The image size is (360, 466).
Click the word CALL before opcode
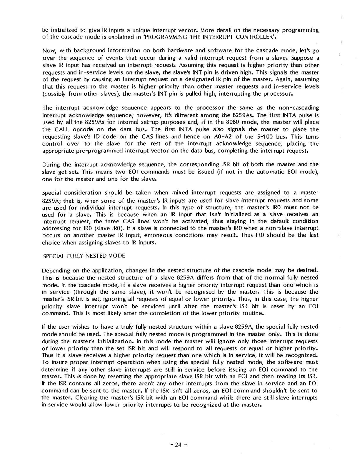(61, 129)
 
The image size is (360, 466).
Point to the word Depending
(56, 270)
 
